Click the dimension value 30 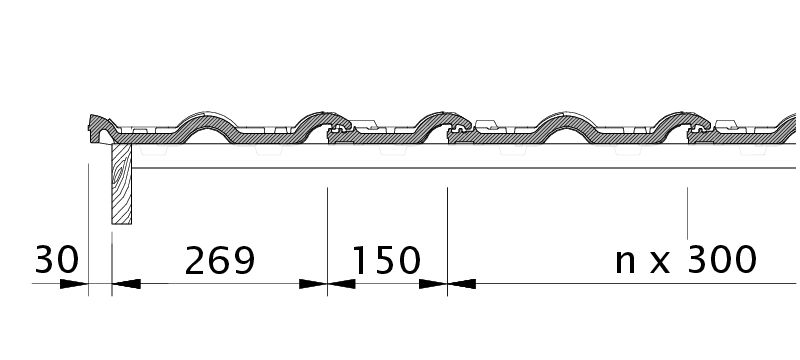(57, 260)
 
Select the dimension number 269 (219, 261)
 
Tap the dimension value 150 (387, 261)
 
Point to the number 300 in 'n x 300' (722, 259)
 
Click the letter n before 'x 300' (625, 262)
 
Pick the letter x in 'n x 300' (660, 263)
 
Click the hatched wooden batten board (121, 184)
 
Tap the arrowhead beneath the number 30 (74, 284)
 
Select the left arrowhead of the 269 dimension (126, 284)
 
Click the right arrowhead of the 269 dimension (313, 284)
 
